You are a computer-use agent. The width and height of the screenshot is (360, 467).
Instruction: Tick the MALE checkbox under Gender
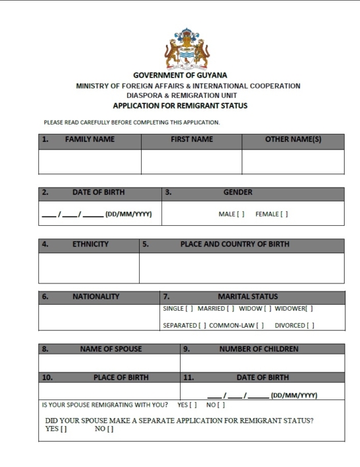242,214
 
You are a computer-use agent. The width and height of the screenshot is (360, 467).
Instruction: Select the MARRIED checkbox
231,308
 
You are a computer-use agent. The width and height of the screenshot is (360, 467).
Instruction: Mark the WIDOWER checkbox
309,308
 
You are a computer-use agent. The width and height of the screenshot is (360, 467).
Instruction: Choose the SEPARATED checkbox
202,325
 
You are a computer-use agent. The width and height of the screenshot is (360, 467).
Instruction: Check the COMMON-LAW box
261,325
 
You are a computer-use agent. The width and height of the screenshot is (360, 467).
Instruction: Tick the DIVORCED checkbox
310,325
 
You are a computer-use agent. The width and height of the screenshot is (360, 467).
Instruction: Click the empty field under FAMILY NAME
90,162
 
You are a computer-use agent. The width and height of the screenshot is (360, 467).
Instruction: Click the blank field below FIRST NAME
191,162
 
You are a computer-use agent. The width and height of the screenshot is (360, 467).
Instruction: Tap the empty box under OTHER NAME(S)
292,162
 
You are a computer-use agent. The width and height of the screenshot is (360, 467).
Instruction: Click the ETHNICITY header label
90,244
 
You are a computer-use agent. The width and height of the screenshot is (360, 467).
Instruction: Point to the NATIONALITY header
96,297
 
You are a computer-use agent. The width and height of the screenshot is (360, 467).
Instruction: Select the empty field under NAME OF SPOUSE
109,363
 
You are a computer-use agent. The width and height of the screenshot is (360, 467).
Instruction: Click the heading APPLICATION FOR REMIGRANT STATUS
180,105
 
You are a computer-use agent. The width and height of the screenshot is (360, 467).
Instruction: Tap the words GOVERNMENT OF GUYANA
180,76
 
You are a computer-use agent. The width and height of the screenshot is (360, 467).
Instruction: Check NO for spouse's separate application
110,429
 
